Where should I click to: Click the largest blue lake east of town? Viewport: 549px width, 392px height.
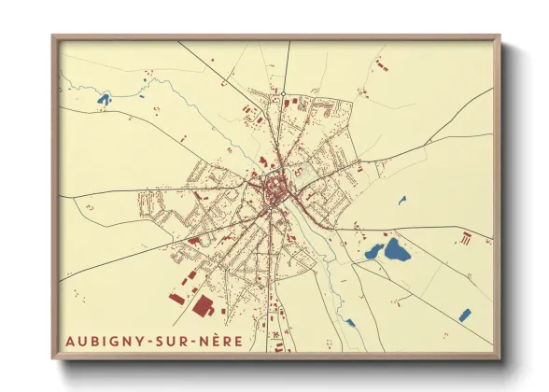click(x=397, y=249)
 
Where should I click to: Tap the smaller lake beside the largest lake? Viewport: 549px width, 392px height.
click(x=374, y=251)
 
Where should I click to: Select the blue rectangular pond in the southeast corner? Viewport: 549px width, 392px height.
click(x=464, y=315)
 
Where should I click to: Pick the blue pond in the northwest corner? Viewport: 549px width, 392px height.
click(x=104, y=97)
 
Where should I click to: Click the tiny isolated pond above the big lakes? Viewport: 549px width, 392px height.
click(x=402, y=199)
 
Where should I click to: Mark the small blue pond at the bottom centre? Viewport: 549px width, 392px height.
click(x=350, y=323)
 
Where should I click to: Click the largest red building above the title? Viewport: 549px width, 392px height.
click(x=203, y=307)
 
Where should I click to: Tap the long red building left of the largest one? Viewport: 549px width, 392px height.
click(x=177, y=298)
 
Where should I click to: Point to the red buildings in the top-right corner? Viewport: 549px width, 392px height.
click(x=380, y=64)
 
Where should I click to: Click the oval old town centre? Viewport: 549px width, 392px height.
click(x=276, y=193)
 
